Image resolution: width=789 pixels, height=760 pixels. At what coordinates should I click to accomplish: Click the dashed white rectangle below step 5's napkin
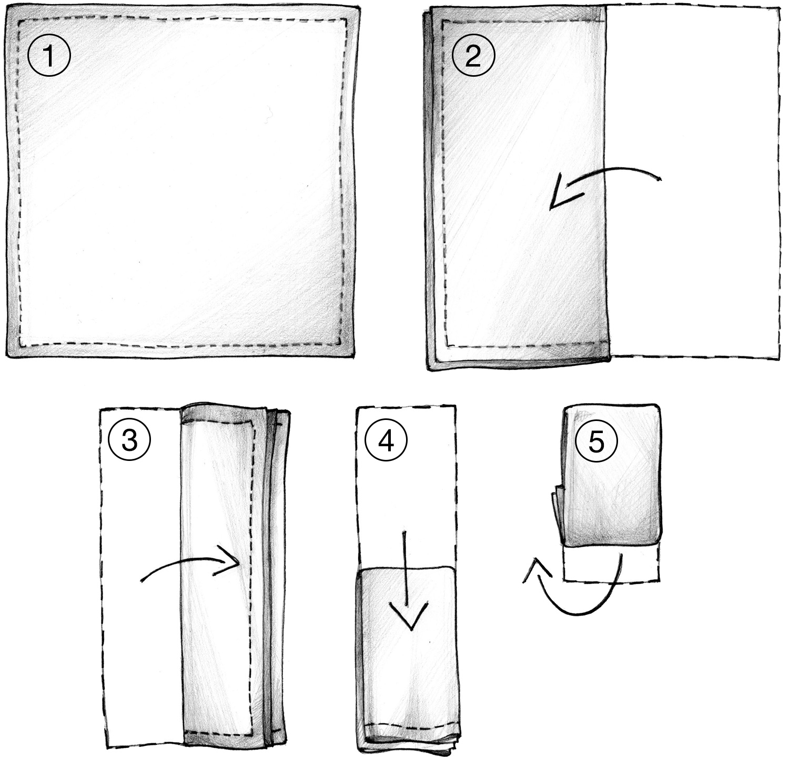(x=610, y=565)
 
